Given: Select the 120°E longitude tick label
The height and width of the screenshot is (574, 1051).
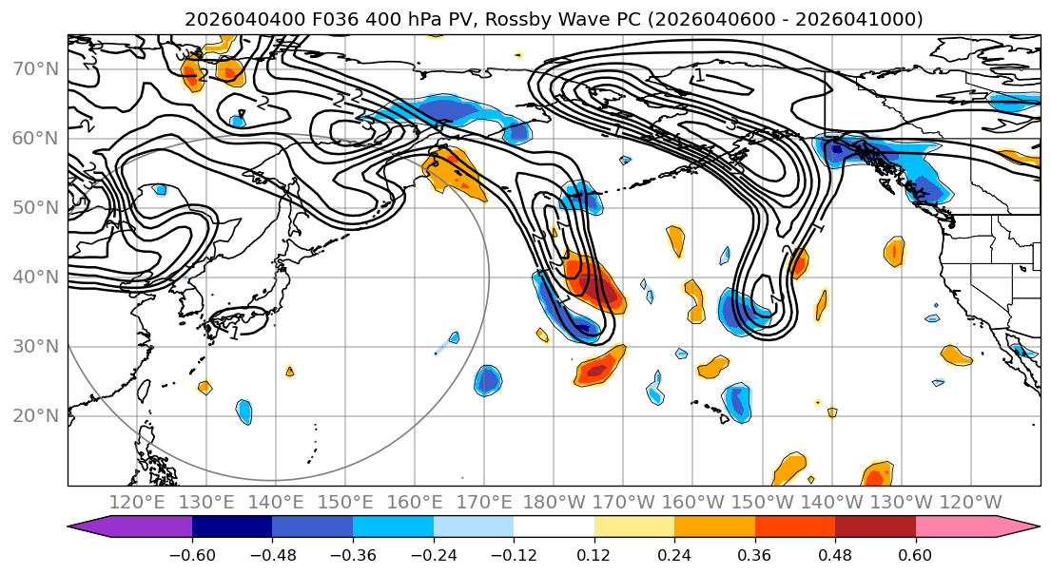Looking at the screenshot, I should point(137,502).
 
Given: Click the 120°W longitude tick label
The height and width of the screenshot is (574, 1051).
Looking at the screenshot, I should point(970,502).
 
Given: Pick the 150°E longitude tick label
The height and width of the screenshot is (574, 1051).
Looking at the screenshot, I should point(345,502).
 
